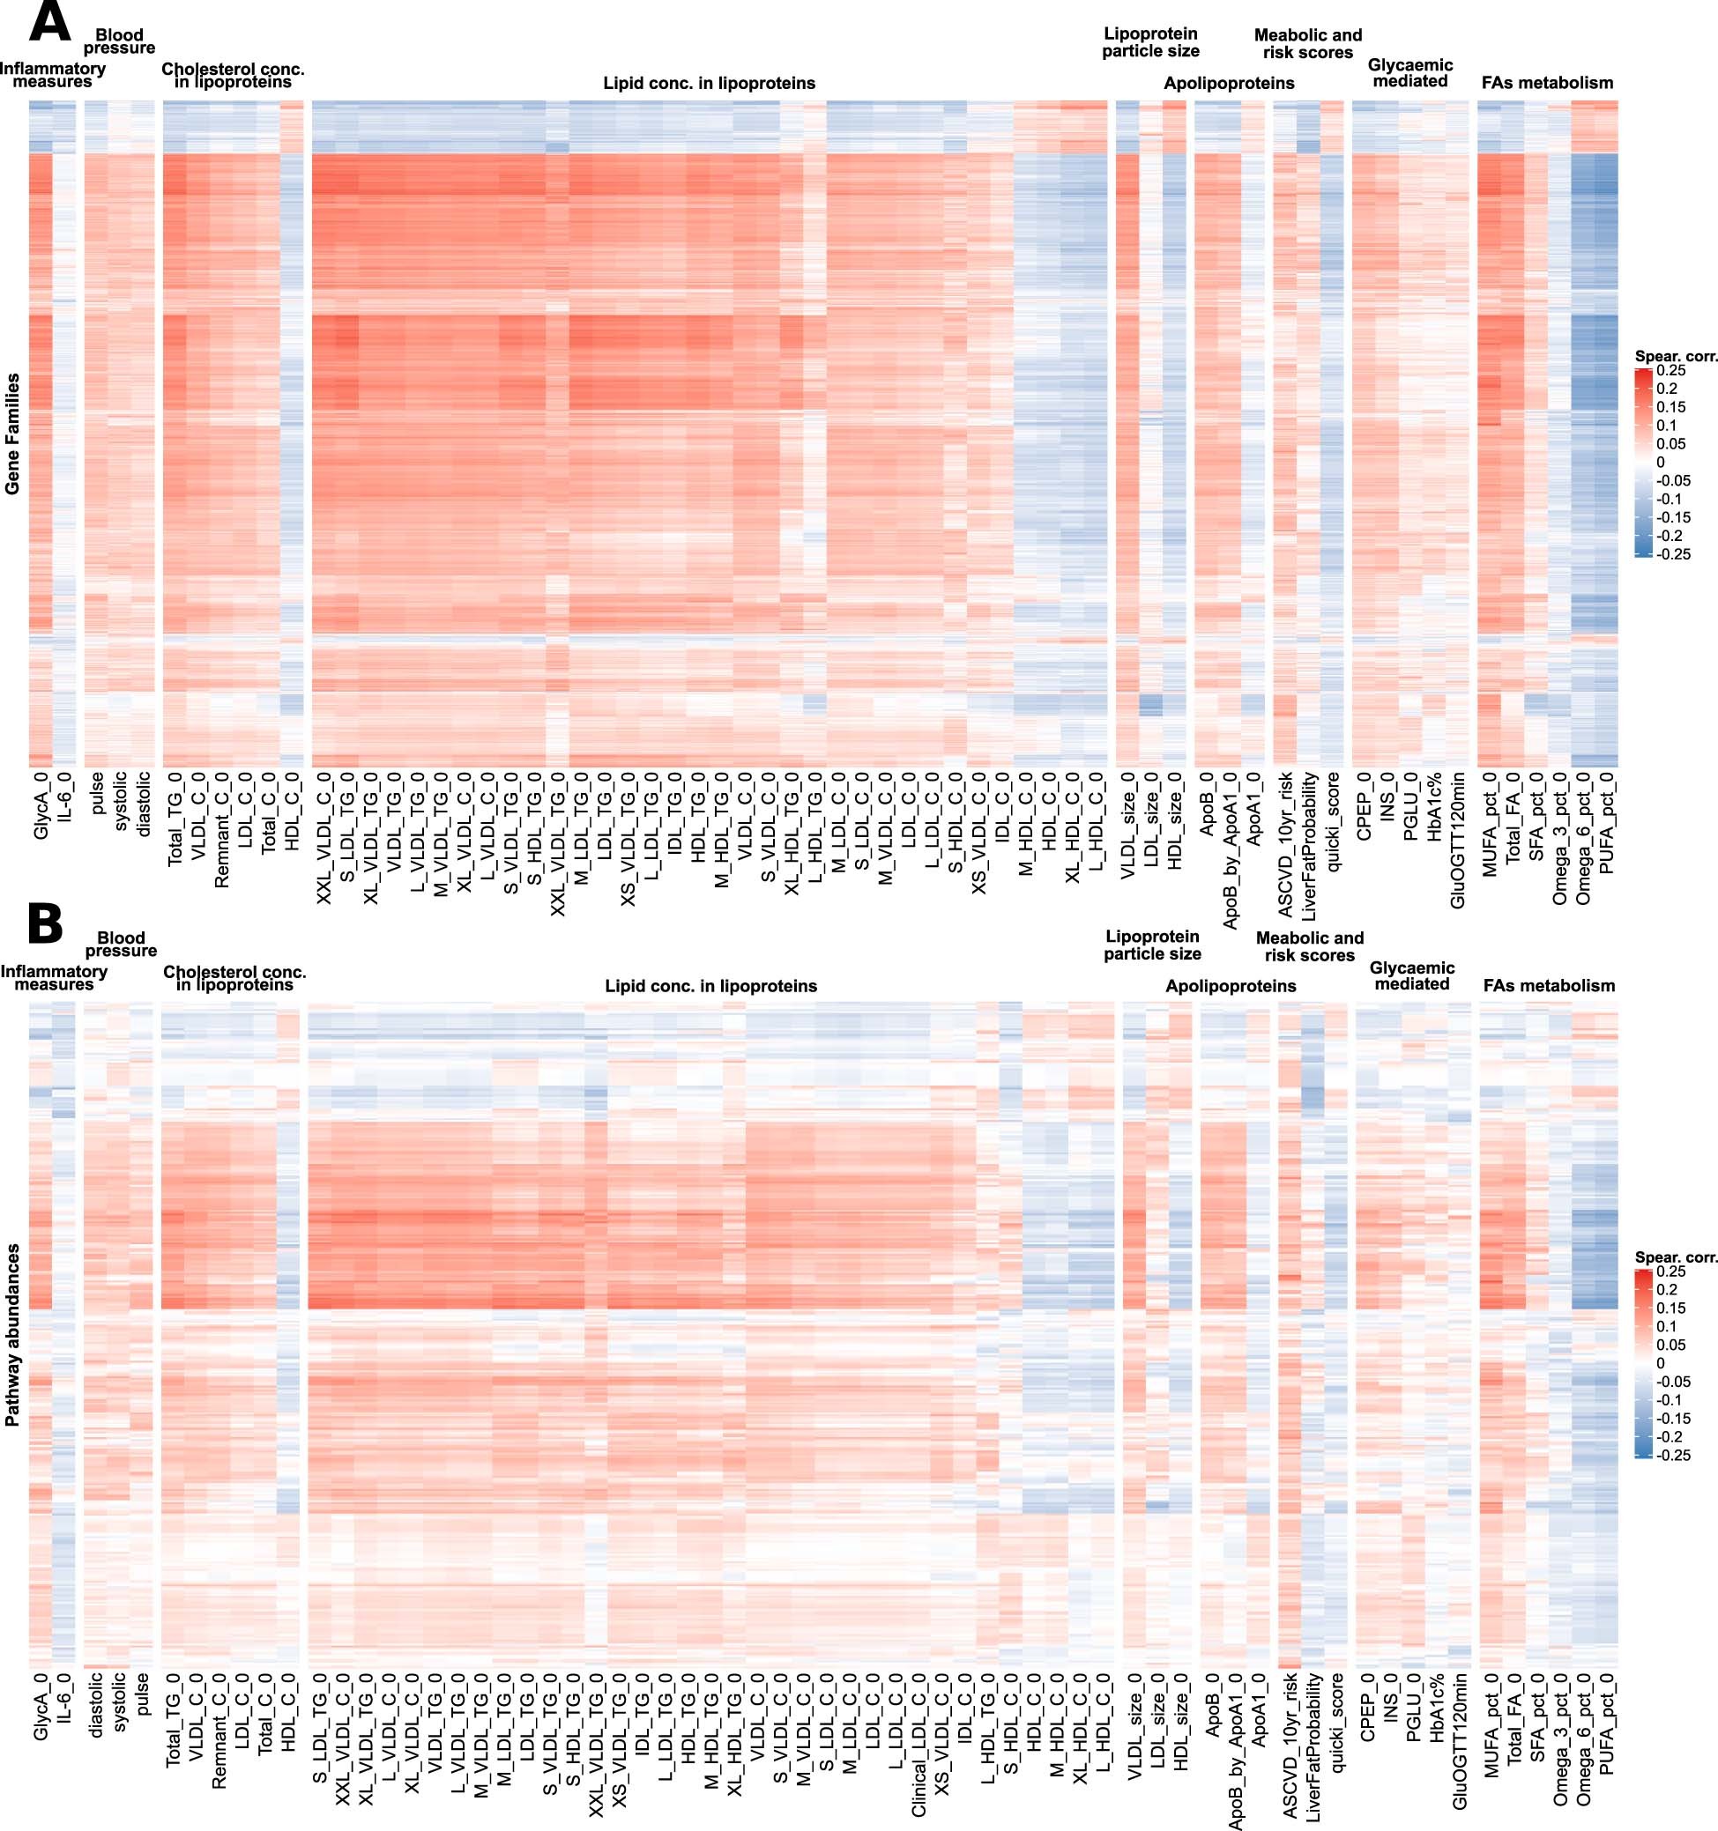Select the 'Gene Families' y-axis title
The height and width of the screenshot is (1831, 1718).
pyautogui.click(x=12, y=434)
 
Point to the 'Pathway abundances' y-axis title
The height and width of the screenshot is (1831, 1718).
pyautogui.click(x=12, y=1336)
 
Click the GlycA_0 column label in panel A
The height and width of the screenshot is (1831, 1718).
pyautogui.click(x=41, y=807)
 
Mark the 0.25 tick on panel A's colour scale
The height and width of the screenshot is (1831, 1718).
pyautogui.click(x=1671, y=370)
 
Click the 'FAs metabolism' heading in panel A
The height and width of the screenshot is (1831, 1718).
pyautogui.click(x=1547, y=83)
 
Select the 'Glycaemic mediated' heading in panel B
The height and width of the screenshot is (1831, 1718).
pyautogui.click(x=1411, y=975)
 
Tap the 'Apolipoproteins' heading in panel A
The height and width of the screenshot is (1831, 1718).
pyautogui.click(x=1228, y=83)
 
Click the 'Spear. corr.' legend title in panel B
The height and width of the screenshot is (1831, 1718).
pyautogui.click(x=1676, y=1257)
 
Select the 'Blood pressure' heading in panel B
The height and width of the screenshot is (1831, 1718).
pyautogui.click(x=121, y=944)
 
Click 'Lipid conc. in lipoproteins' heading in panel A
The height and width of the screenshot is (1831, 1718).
pyautogui.click(x=709, y=83)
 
